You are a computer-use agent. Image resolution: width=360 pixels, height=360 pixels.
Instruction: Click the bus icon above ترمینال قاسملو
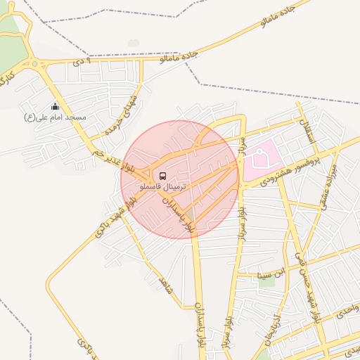[163, 175]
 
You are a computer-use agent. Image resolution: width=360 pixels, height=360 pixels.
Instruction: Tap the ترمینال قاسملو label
[163, 187]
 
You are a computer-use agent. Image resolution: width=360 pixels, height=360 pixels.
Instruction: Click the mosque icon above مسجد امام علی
[56, 106]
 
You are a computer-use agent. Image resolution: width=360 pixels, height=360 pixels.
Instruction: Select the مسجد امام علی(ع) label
[55, 117]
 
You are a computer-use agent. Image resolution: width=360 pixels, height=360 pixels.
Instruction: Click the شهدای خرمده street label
[124, 117]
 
